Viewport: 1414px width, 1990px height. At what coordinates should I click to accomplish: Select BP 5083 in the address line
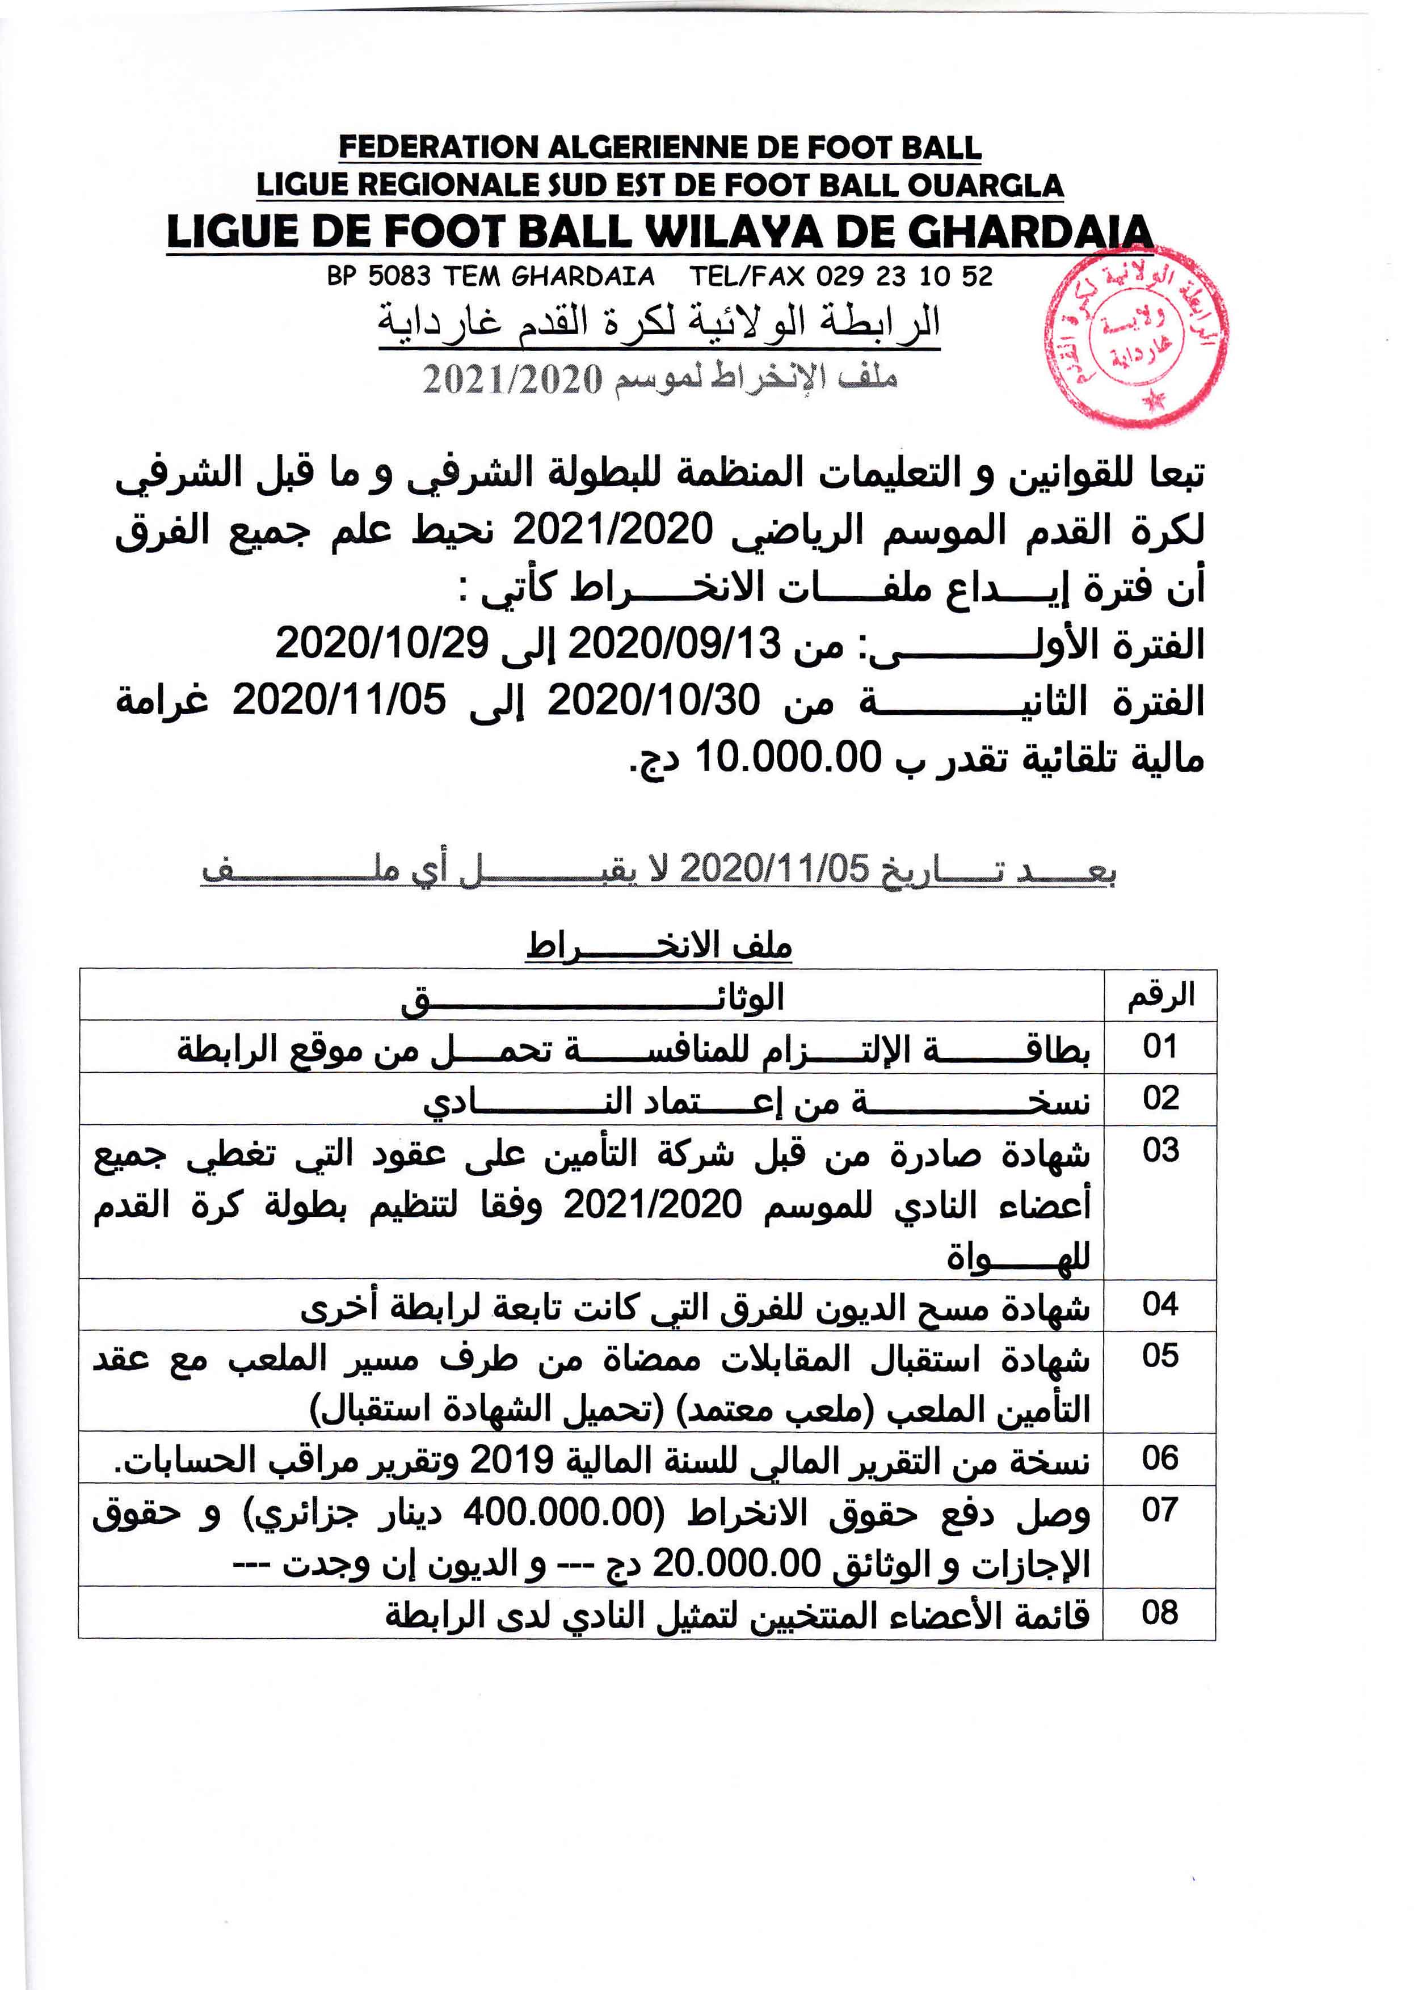(x=379, y=277)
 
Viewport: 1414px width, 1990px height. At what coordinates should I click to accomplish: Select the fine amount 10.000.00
(x=788, y=757)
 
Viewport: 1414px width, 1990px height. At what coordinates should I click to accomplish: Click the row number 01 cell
(x=1160, y=1047)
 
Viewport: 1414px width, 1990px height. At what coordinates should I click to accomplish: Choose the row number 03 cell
(x=1160, y=1151)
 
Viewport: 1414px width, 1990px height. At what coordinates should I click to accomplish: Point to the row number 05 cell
(x=1160, y=1355)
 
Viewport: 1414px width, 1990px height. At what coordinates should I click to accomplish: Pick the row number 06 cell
(x=1160, y=1458)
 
